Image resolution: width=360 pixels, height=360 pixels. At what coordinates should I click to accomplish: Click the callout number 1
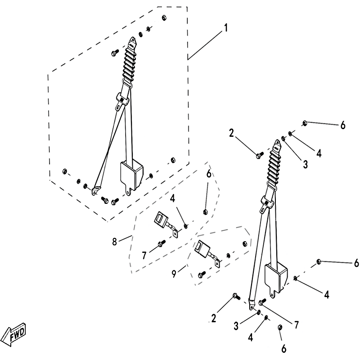pyautogui.click(x=226, y=28)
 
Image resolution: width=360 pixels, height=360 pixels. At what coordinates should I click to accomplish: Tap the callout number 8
pyautogui.click(x=114, y=242)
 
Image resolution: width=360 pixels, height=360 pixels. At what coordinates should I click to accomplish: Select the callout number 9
pyautogui.click(x=174, y=274)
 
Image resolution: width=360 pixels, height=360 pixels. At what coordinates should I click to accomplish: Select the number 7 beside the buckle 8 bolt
pyautogui.click(x=144, y=255)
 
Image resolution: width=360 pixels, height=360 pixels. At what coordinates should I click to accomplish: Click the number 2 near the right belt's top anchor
pyautogui.click(x=231, y=133)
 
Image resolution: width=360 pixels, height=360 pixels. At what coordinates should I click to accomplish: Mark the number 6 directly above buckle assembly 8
pyautogui.click(x=209, y=174)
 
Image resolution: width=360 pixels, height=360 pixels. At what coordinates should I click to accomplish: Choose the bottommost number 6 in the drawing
pyautogui.click(x=284, y=349)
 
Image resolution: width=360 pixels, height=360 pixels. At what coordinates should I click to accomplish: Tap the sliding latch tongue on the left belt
pyautogui.click(x=121, y=101)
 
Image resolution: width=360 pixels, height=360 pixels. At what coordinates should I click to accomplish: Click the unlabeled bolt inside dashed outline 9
pyautogui.click(x=202, y=274)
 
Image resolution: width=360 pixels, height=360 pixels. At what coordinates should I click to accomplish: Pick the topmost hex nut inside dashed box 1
pyautogui.click(x=164, y=18)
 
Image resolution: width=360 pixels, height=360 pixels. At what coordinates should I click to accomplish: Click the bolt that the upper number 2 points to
pyautogui.click(x=260, y=156)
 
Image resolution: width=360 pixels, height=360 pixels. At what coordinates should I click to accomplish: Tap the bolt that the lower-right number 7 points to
pyautogui.click(x=262, y=302)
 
